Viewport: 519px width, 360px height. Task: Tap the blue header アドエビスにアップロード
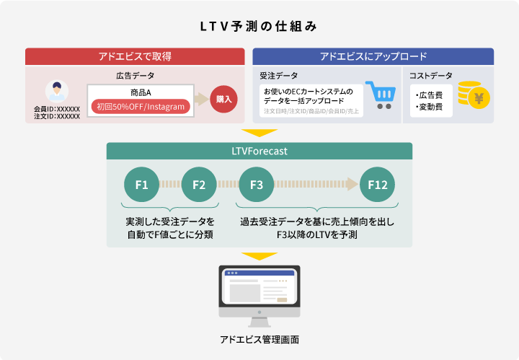[x=373, y=56]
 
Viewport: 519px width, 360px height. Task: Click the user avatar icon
[x=56, y=92]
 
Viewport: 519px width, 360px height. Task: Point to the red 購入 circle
[x=223, y=99]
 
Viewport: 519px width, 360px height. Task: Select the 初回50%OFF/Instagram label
[x=141, y=107]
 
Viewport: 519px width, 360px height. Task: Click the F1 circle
[x=141, y=185]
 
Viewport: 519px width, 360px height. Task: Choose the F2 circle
[x=199, y=185]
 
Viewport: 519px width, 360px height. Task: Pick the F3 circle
[x=256, y=185]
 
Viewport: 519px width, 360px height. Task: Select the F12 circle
[x=377, y=185]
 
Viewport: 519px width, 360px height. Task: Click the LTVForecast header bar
[x=259, y=152]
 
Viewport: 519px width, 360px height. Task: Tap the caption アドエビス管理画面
[x=259, y=339]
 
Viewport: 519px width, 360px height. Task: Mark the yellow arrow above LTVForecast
[x=259, y=133]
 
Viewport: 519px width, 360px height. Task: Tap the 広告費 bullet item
[x=431, y=95]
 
